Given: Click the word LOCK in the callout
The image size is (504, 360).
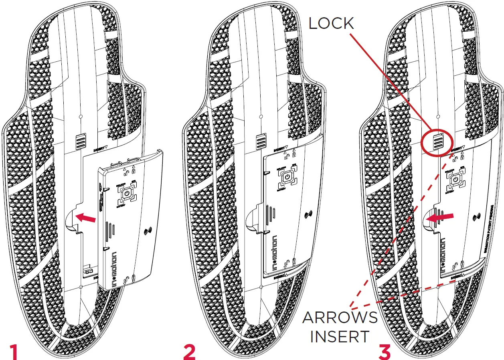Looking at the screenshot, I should point(331,24).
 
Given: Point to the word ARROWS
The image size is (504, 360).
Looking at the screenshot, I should point(340,318).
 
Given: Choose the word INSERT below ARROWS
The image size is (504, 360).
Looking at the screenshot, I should point(340,337).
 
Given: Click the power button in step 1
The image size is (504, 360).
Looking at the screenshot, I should point(126,194).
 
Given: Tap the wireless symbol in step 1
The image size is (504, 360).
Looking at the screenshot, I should point(149,231).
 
